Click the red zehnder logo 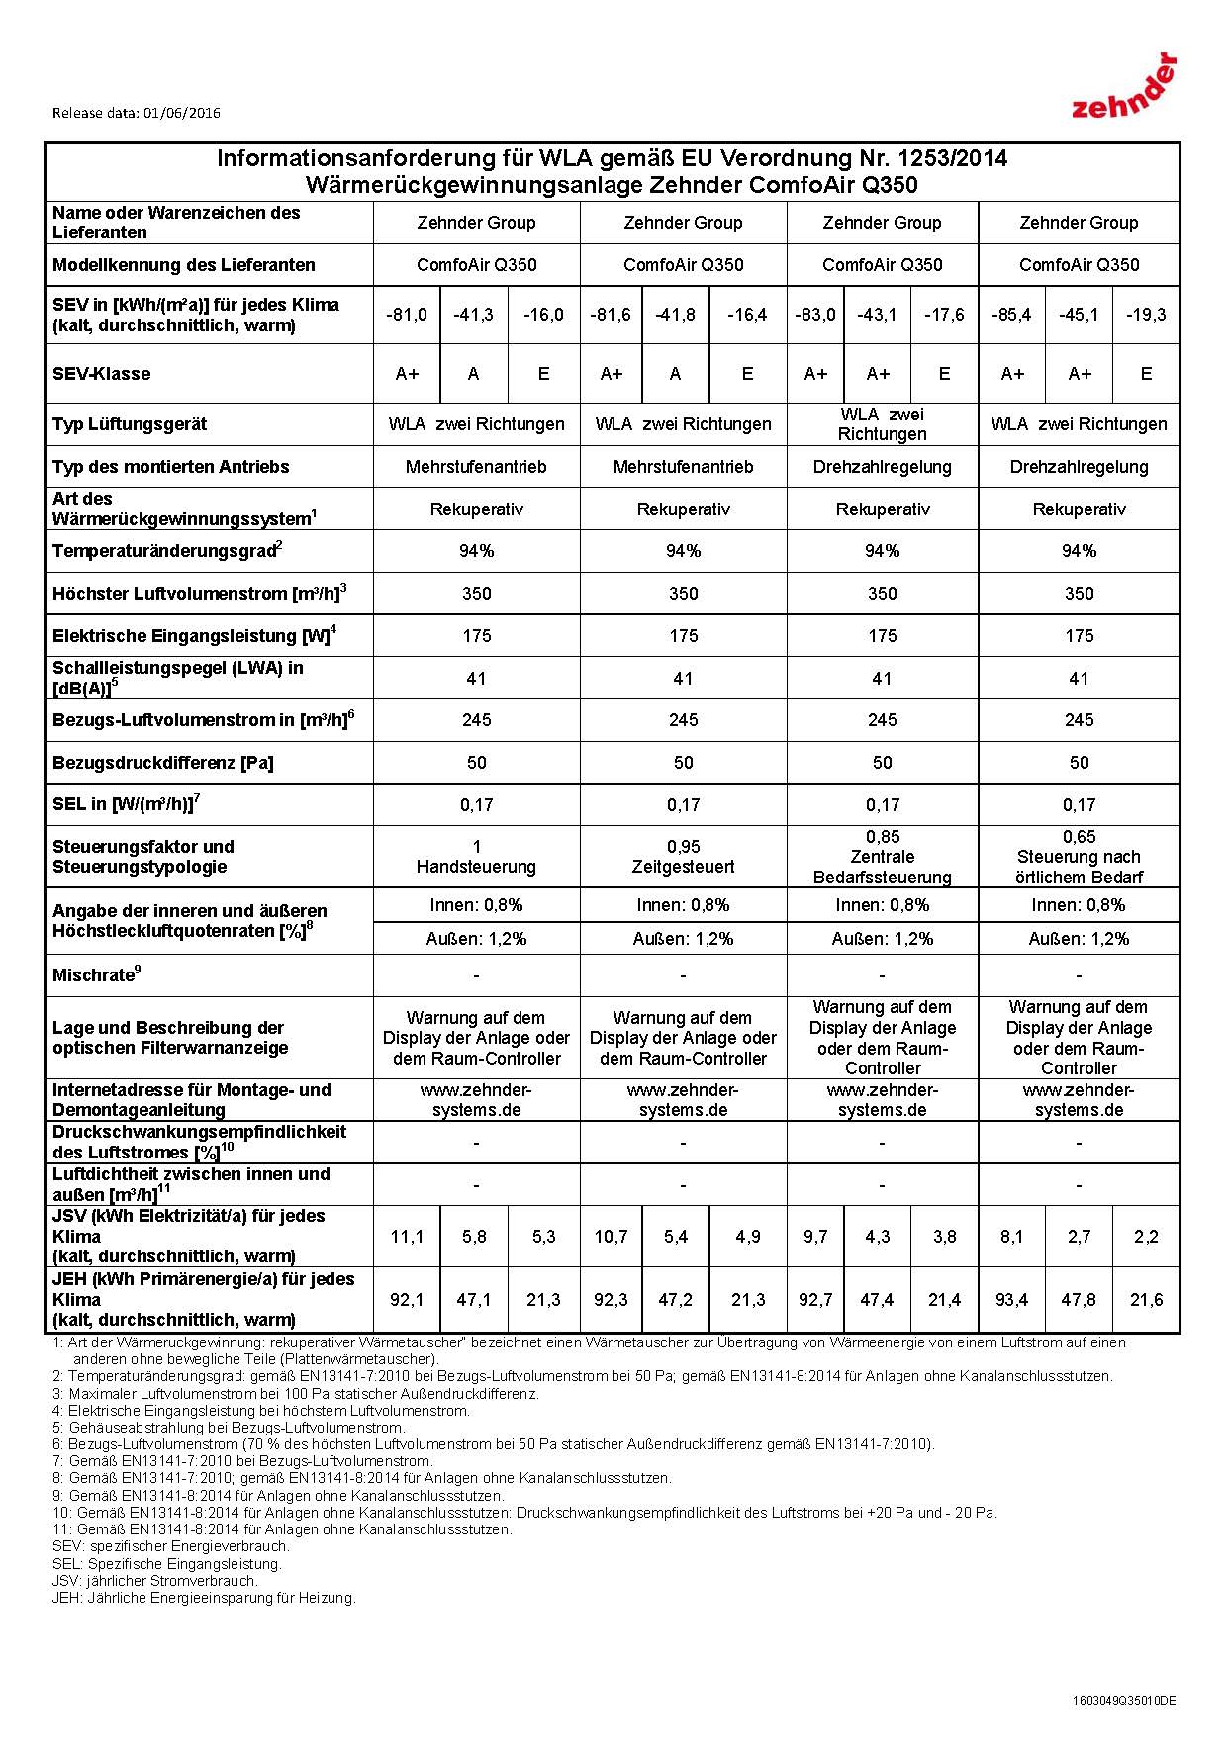tap(1124, 88)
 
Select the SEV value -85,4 tap(1011, 315)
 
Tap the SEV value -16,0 tap(543, 315)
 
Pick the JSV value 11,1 tap(407, 1237)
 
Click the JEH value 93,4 tap(1011, 1300)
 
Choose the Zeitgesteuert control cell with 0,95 tap(683, 857)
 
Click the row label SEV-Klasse tap(102, 374)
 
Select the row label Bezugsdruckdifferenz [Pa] tap(163, 763)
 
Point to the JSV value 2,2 tap(1146, 1237)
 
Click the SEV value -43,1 tap(877, 315)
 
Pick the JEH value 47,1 tap(474, 1300)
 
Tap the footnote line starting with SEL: tap(167, 1564)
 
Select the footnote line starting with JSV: tap(155, 1581)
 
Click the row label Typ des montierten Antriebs tap(171, 467)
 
